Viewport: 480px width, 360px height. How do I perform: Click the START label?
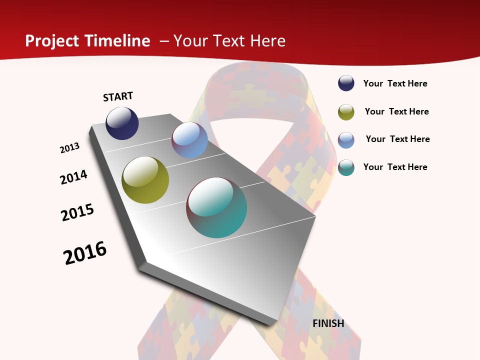pyautogui.click(x=118, y=96)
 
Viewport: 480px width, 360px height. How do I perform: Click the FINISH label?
pyautogui.click(x=328, y=323)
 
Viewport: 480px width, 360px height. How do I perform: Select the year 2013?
pyautogui.click(x=70, y=148)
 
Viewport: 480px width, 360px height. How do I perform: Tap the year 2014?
pyautogui.click(x=74, y=177)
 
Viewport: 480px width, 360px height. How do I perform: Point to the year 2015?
pyautogui.click(x=77, y=212)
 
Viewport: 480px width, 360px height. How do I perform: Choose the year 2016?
pyautogui.click(x=85, y=252)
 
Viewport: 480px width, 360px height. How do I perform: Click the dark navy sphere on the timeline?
pyautogui.click(x=122, y=123)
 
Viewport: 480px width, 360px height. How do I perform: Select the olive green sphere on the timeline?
pyautogui.click(x=145, y=180)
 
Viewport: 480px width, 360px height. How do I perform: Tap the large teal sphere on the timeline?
pyautogui.click(x=216, y=207)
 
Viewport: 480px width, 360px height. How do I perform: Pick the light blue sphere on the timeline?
pyautogui.click(x=189, y=140)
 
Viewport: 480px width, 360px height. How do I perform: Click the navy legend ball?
pyautogui.click(x=346, y=83)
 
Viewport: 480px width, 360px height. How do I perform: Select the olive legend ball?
pyautogui.click(x=346, y=112)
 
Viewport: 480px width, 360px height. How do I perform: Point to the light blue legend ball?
pyautogui.click(x=346, y=140)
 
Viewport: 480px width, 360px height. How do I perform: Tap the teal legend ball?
pyautogui.click(x=346, y=167)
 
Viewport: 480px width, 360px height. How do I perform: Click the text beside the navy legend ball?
pyautogui.click(x=395, y=84)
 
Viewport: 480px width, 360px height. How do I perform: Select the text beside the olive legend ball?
pyautogui.click(x=396, y=111)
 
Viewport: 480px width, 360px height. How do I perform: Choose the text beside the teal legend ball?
pyautogui.click(x=395, y=167)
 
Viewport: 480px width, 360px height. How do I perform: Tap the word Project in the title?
pyautogui.click(x=52, y=41)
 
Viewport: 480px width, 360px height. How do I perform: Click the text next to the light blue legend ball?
pyautogui.click(x=397, y=139)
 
